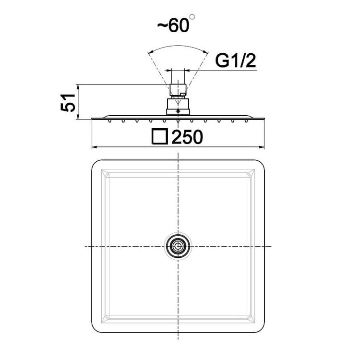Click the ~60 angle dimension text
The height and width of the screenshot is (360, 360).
[173, 25]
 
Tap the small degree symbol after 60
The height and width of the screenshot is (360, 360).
[192, 17]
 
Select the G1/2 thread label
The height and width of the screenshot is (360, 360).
[235, 61]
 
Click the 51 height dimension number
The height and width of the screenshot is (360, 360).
[68, 103]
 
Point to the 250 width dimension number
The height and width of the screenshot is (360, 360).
[187, 137]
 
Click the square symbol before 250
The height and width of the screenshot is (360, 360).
[159, 136]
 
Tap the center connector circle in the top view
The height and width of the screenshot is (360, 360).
[178, 246]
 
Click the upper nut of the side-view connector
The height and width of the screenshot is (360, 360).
[178, 90]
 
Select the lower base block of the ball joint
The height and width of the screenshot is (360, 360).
[178, 112]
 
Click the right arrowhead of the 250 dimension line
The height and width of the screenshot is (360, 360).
[262, 147]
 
